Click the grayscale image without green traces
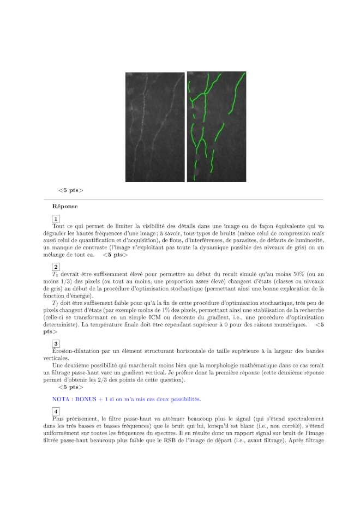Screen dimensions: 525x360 pos(155,127)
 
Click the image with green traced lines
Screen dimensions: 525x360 pos(217,127)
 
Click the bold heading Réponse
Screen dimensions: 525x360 pos(65,207)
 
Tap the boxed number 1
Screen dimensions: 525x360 pos(56,219)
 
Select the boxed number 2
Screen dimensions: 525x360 pos(56,267)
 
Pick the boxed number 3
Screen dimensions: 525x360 pos(56,343)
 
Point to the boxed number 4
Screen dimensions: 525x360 pos(56,411)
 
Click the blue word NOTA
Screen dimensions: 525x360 pos(62,399)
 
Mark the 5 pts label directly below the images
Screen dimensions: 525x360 pos(71,190)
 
